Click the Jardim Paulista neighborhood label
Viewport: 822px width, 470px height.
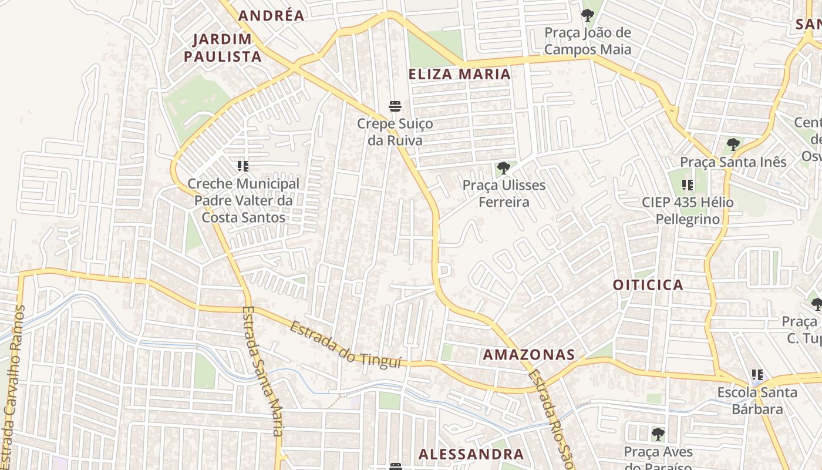click(x=223, y=48)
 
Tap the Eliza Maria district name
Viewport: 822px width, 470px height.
click(x=459, y=74)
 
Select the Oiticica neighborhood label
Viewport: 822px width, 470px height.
click(x=648, y=285)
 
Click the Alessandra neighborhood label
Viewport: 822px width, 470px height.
click(x=471, y=454)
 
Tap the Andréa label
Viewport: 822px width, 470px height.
click(x=271, y=16)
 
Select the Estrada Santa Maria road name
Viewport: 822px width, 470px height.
click(x=262, y=371)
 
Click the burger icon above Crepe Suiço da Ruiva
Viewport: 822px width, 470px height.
click(x=395, y=106)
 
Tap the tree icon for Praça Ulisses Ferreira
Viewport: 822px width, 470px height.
click(x=503, y=168)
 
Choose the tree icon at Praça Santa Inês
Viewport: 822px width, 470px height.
click(x=733, y=145)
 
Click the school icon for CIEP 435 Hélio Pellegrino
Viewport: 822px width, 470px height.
click(x=688, y=186)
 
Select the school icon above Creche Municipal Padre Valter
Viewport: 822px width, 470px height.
click(x=243, y=166)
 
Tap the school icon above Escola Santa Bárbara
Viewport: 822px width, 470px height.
click(x=757, y=374)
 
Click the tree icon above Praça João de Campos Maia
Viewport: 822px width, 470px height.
click(x=587, y=15)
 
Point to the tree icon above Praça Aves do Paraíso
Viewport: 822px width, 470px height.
click(x=658, y=434)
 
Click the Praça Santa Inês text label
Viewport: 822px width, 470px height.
click(x=733, y=162)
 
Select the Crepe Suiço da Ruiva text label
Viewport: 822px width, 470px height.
click(x=395, y=132)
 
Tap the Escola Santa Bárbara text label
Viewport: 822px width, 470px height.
click(x=757, y=400)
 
